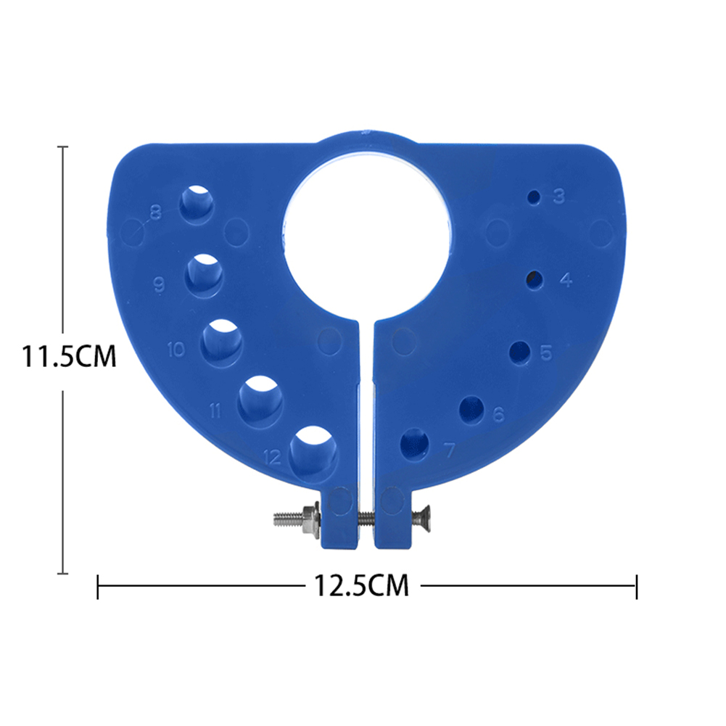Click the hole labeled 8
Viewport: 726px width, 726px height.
[197, 203]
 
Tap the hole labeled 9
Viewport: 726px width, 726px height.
[205, 276]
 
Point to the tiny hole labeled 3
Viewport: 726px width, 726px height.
[535, 197]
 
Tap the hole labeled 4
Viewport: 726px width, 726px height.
[535, 279]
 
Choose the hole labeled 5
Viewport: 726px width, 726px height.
[519, 352]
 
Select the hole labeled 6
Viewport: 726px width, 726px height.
[472, 409]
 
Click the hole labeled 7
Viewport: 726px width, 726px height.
[414, 443]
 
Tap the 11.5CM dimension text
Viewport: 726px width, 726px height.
[69, 356]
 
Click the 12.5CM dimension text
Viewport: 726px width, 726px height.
[361, 585]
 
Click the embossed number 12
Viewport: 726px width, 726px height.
[273, 457]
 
